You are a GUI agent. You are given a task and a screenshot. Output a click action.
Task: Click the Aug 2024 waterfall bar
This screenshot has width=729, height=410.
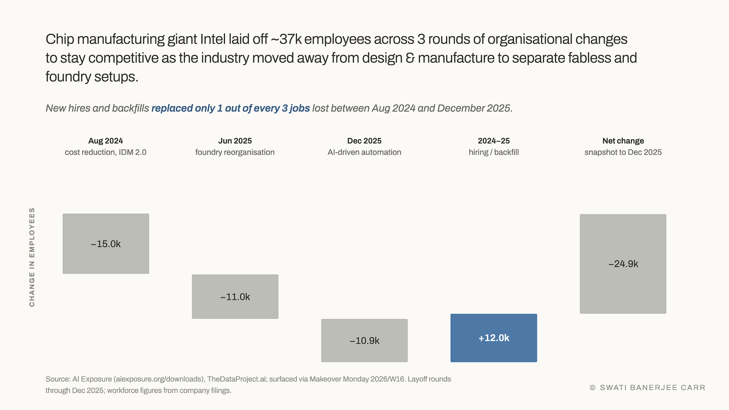point(106,244)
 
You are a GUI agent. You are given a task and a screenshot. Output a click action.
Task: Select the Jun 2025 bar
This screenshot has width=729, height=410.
point(235,296)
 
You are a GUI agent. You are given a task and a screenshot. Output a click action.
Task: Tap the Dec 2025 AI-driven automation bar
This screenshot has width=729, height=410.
point(364,340)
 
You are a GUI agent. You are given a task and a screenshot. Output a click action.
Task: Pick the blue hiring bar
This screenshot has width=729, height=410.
point(494,338)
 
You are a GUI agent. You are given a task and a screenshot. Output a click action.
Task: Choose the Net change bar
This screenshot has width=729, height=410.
point(623,264)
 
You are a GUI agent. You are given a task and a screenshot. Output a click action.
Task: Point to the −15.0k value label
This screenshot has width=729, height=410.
point(106,244)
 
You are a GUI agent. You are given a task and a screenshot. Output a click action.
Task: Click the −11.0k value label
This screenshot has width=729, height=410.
point(235,297)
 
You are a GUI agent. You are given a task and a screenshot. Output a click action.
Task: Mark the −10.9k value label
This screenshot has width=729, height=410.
point(364,341)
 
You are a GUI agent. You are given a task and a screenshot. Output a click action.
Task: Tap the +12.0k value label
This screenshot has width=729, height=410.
point(494,338)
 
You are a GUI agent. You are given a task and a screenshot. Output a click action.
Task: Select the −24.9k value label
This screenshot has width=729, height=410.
point(623,264)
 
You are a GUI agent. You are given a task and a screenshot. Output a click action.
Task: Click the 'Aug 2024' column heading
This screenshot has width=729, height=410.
point(106,141)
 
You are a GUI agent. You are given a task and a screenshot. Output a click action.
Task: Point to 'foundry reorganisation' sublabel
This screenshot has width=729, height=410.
point(235,152)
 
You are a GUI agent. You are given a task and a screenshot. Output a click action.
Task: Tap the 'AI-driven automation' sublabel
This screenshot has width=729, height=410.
point(364,152)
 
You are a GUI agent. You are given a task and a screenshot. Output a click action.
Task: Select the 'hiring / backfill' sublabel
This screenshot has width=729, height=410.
point(494,152)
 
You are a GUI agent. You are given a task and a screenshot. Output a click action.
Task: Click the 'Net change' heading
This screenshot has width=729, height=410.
point(623,141)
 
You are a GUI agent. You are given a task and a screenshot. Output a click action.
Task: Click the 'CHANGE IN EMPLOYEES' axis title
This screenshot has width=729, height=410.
point(32,257)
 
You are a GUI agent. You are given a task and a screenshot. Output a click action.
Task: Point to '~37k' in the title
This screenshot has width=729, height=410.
point(286,39)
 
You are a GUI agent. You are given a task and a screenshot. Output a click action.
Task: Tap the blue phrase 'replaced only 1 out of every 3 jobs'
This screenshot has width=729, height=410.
point(231,108)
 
